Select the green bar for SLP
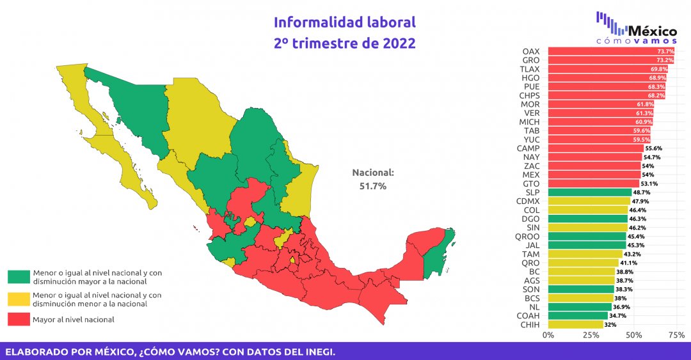(x=589, y=192)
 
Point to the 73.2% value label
(x=665, y=60)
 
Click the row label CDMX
(x=528, y=201)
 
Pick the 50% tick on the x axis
(x=633, y=335)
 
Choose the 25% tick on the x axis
(x=591, y=335)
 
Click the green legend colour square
(x=19, y=276)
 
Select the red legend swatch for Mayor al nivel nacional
(x=19, y=319)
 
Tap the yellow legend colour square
(x=19, y=299)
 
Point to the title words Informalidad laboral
(x=345, y=22)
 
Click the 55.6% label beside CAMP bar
(x=653, y=148)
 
